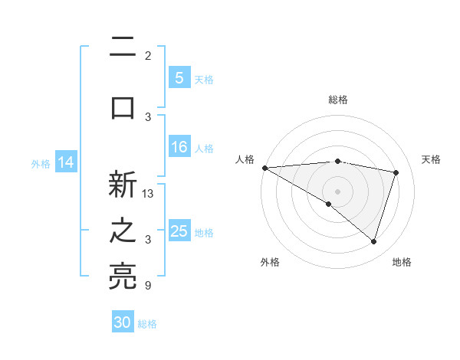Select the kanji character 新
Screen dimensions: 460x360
pos(123,185)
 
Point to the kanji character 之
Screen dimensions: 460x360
pos(123,231)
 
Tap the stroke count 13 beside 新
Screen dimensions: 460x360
pos(149,194)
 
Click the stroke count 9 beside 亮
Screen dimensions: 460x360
pos(148,286)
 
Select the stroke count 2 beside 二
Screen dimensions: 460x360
pos(148,56)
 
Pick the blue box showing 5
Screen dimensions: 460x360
pos(179,77)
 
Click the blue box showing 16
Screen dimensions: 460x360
pos(179,147)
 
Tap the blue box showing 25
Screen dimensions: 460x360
pos(179,231)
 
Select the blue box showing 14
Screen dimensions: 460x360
pos(66,162)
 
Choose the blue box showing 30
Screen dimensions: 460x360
pos(123,322)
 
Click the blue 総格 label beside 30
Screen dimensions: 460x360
pos(147,324)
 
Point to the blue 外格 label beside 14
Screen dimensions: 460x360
pos(41,163)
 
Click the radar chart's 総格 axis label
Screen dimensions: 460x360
pos(337,100)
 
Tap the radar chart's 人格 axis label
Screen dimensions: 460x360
pos(245,159)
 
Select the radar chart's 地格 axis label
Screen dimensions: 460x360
pos(402,262)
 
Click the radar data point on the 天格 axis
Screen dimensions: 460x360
pos(396,172)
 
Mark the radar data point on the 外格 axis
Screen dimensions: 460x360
pos(329,204)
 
